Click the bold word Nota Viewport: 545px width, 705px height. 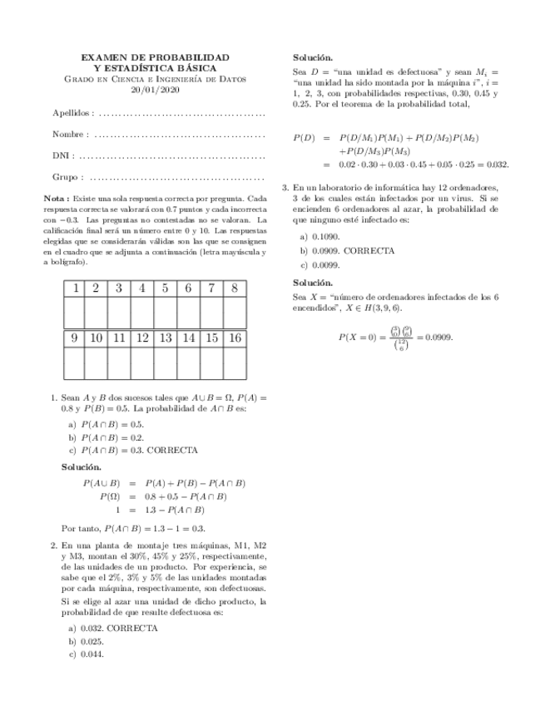click(55, 200)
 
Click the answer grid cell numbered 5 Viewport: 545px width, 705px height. click(166, 288)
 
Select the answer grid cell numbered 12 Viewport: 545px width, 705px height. click(142, 338)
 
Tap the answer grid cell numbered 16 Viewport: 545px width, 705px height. click(235, 338)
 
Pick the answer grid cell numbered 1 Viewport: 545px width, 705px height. click(73, 288)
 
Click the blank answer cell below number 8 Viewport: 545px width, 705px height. click(235, 313)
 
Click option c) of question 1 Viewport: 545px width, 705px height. click(133, 450)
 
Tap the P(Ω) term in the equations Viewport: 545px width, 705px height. click(110, 496)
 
